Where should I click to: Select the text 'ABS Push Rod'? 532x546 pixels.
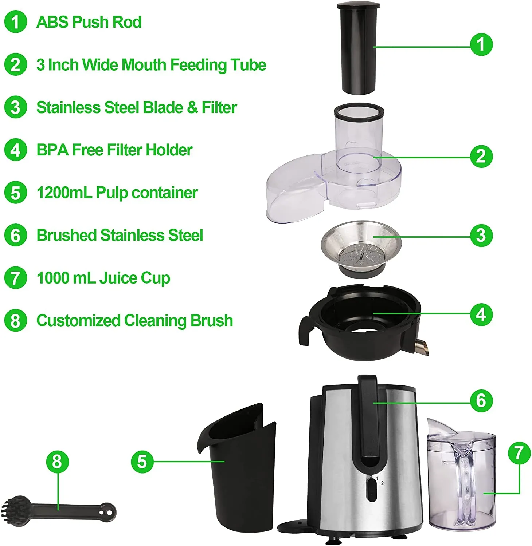[89, 22]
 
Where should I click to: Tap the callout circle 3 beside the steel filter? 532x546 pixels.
[481, 235]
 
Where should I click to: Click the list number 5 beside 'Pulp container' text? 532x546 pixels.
[15, 193]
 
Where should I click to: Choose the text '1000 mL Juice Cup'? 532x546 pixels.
[103, 278]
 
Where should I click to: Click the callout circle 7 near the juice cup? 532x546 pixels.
[519, 453]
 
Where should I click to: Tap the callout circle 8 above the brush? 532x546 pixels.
[57, 462]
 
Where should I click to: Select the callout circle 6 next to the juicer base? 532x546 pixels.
[481, 401]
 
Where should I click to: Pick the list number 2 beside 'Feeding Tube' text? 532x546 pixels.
[15, 65]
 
